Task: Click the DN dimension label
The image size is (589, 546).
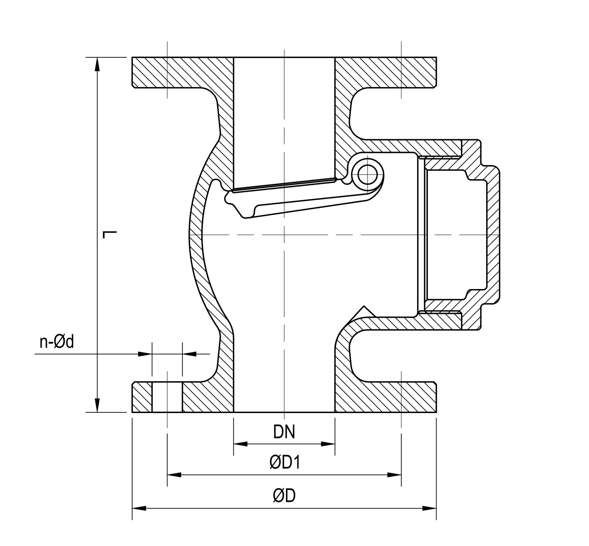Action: coord(284,432)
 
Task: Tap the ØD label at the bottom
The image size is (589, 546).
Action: coord(284,496)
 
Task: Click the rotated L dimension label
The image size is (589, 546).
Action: coord(110,234)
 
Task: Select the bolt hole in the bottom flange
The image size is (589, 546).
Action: coord(167,397)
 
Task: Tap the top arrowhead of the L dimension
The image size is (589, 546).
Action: coord(98,64)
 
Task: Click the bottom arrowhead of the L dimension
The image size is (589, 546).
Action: coord(98,405)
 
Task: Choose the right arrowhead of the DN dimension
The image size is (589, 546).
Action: coord(328,444)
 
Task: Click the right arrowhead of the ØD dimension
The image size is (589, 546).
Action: coord(430,508)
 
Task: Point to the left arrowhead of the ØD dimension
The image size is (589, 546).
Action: coord(139,508)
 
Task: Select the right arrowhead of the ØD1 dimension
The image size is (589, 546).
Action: coord(394,475)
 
